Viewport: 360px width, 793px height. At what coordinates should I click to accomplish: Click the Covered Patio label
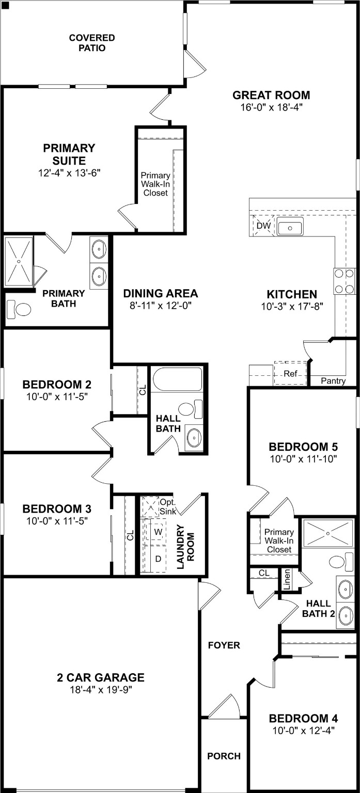[92, 43]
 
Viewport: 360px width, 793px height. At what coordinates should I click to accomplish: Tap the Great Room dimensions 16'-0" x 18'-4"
[271, 107]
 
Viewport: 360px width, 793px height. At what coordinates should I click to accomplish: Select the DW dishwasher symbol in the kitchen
[263, 226]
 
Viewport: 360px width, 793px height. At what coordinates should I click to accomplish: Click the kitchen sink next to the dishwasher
[290, 227]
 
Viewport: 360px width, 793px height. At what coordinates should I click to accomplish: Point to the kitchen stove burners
[345, 281]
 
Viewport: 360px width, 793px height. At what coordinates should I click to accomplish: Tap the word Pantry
[333, 381]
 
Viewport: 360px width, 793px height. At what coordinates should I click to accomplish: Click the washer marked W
[158, 531]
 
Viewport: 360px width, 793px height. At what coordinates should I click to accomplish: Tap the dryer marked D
[158, 559]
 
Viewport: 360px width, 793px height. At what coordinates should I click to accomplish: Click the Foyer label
[224, 645]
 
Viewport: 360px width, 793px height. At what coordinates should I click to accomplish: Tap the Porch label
[224, 756]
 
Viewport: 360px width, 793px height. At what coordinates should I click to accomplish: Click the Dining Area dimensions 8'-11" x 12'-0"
[160, 305]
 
